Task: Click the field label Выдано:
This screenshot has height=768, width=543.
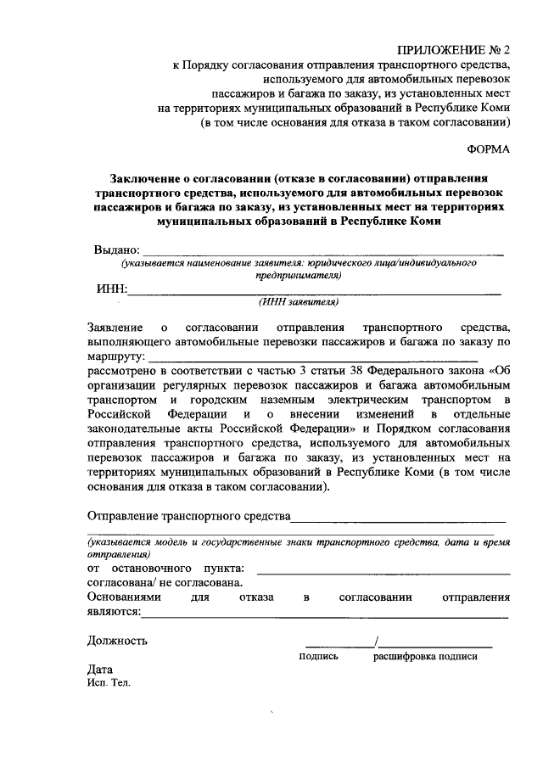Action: point(115,250)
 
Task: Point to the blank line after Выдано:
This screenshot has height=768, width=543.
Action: point(323,252)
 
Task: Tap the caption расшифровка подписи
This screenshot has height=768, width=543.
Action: point(424,656)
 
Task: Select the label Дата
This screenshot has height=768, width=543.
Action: point(100,669)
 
